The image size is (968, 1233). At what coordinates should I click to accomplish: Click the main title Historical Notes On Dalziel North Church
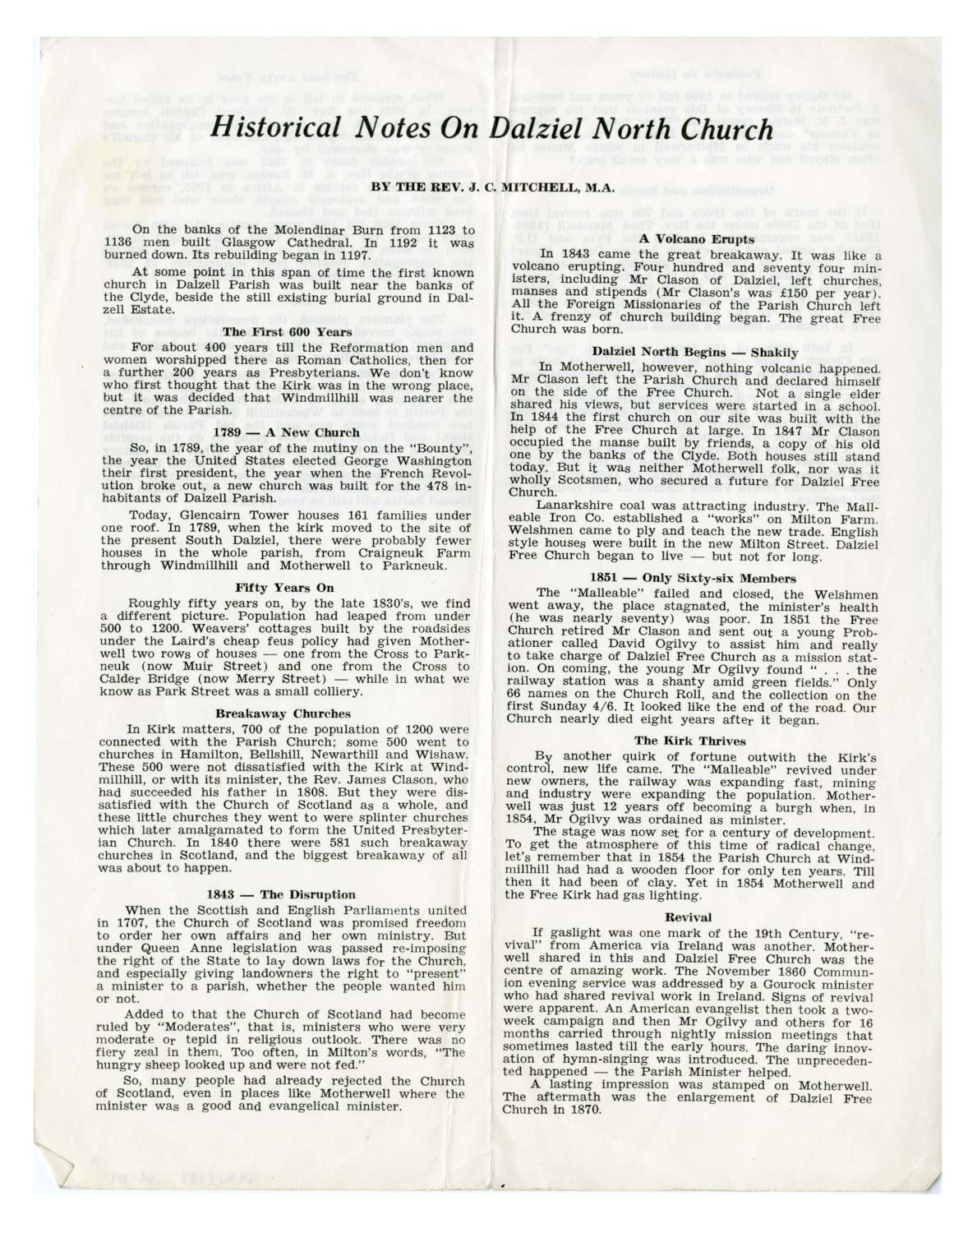point(492,129)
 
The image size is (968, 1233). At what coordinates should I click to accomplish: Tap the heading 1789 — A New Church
point(286,432)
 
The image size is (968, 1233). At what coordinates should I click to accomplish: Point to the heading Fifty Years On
point(274,588)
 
